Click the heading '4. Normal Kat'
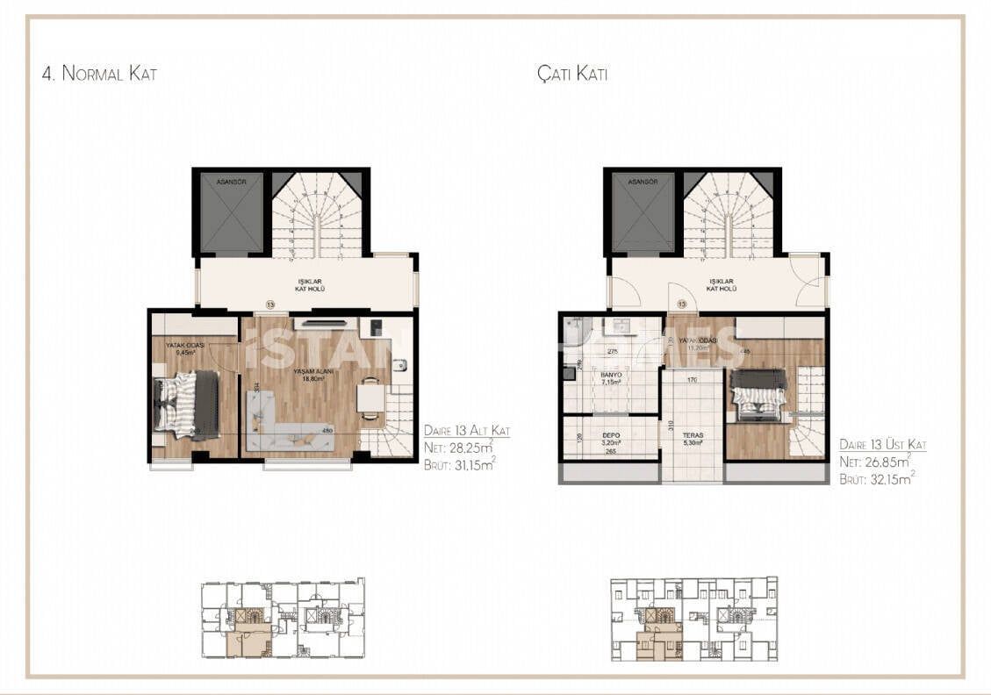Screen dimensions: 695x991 click(99, 74)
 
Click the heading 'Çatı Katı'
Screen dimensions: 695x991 click(572, 74)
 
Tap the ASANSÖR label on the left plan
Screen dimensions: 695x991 click(231, 182)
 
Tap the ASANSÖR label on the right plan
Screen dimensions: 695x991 click(643, 182)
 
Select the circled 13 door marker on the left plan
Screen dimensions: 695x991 click(269, 305)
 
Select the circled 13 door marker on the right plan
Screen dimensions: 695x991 click(681, 305)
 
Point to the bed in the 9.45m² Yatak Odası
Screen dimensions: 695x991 click(187, 404)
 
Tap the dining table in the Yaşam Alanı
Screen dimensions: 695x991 click(370, 400)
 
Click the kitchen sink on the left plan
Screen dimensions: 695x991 click(399, 366)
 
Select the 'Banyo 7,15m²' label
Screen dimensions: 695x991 click(611, 378)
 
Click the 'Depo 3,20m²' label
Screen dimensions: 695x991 click(612, 440)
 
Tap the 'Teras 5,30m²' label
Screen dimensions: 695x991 click(693, 439)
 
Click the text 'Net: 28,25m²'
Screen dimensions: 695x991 click(459, 447)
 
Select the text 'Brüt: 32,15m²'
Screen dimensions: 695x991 click(876, 480)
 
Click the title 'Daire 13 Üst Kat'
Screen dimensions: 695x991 click(882, 445)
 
